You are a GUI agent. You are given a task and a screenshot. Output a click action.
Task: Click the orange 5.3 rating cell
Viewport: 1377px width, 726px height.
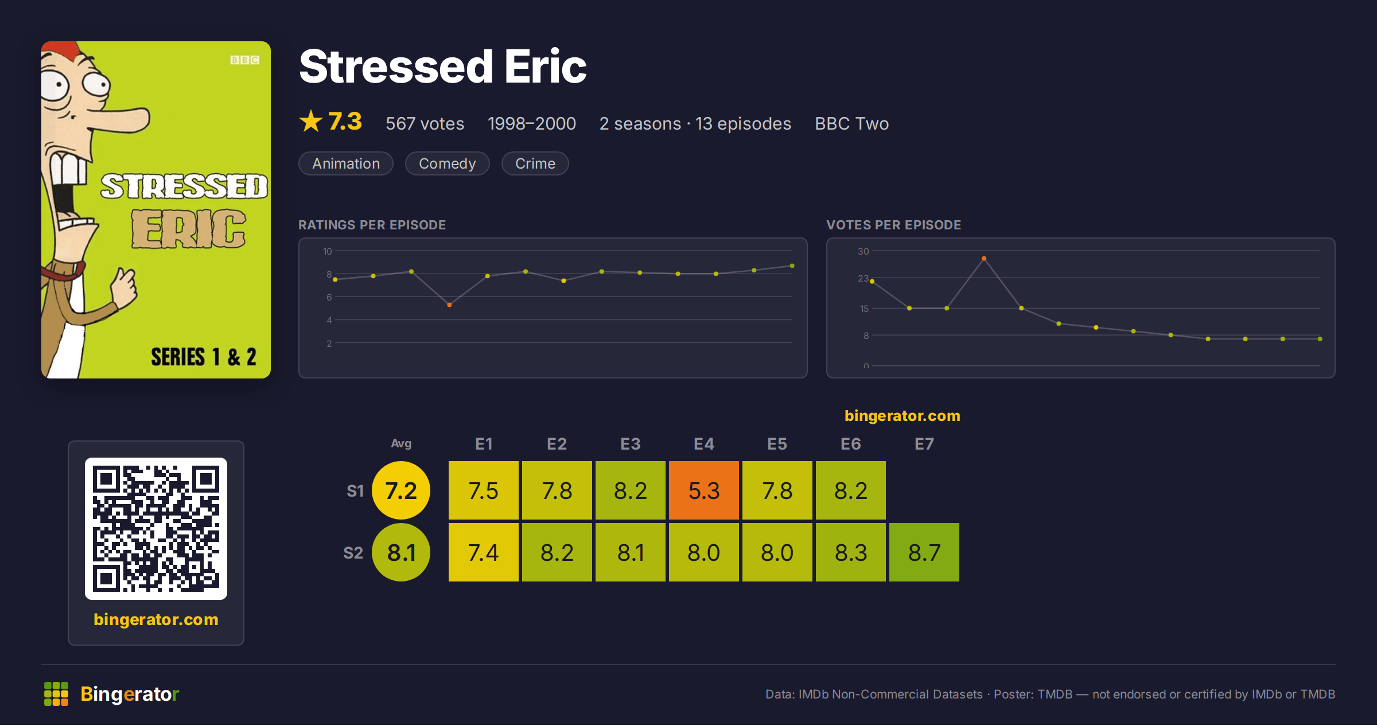(x=704, y=490)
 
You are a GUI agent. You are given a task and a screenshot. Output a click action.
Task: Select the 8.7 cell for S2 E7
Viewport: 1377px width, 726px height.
(x=924, y=552)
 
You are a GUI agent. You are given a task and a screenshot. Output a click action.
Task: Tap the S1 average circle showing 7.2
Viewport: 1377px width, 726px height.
(x=401, y=490)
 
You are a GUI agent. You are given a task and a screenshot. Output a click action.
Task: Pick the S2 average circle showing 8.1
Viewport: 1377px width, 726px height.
(x=401, y=552)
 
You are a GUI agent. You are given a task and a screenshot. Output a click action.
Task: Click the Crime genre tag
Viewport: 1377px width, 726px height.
(x=535, y=163)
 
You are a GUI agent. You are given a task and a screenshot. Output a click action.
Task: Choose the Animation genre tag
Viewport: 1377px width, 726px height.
(x=346, y=163)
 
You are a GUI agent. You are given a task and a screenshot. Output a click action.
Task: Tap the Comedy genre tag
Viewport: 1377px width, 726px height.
(x=448, y=163)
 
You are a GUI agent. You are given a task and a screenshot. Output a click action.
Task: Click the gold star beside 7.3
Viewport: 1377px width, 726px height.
(x=311, y=121)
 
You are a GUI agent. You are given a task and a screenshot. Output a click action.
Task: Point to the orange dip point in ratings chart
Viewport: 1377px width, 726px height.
(x=449, y=305)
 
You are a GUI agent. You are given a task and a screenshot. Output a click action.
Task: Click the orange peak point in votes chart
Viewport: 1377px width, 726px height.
(x=984, y=259)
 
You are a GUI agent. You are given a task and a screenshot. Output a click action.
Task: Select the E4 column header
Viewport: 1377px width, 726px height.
(x=704, y=444)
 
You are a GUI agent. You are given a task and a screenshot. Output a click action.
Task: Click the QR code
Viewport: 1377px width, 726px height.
(x=156, y=529)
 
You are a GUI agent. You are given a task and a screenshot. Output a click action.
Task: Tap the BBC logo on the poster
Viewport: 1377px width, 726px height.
(x=245, y=60)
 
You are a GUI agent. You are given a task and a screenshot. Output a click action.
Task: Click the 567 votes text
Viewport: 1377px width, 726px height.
(x=425, y=123)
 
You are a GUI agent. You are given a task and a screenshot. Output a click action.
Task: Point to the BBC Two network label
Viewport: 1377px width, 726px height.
(x=851, y=123)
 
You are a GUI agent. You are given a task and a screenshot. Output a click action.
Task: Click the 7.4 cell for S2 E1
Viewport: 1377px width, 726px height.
(x=484, y=552)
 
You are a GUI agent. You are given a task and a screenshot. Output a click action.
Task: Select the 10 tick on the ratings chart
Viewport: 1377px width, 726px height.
(x=328, y=251)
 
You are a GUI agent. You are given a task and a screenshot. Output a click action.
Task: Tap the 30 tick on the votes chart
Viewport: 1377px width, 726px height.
(x=863, y=251)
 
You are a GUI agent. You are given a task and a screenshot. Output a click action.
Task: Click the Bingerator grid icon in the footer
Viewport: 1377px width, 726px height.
(x=56, y=694)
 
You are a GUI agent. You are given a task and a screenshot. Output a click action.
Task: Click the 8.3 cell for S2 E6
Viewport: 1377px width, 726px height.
(x=851, y=552)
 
